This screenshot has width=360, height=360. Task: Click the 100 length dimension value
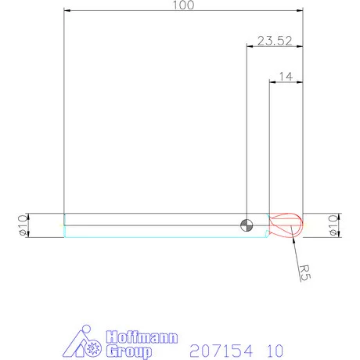tap(182, 5)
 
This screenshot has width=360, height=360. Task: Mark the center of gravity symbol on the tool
tap(247, 225)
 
